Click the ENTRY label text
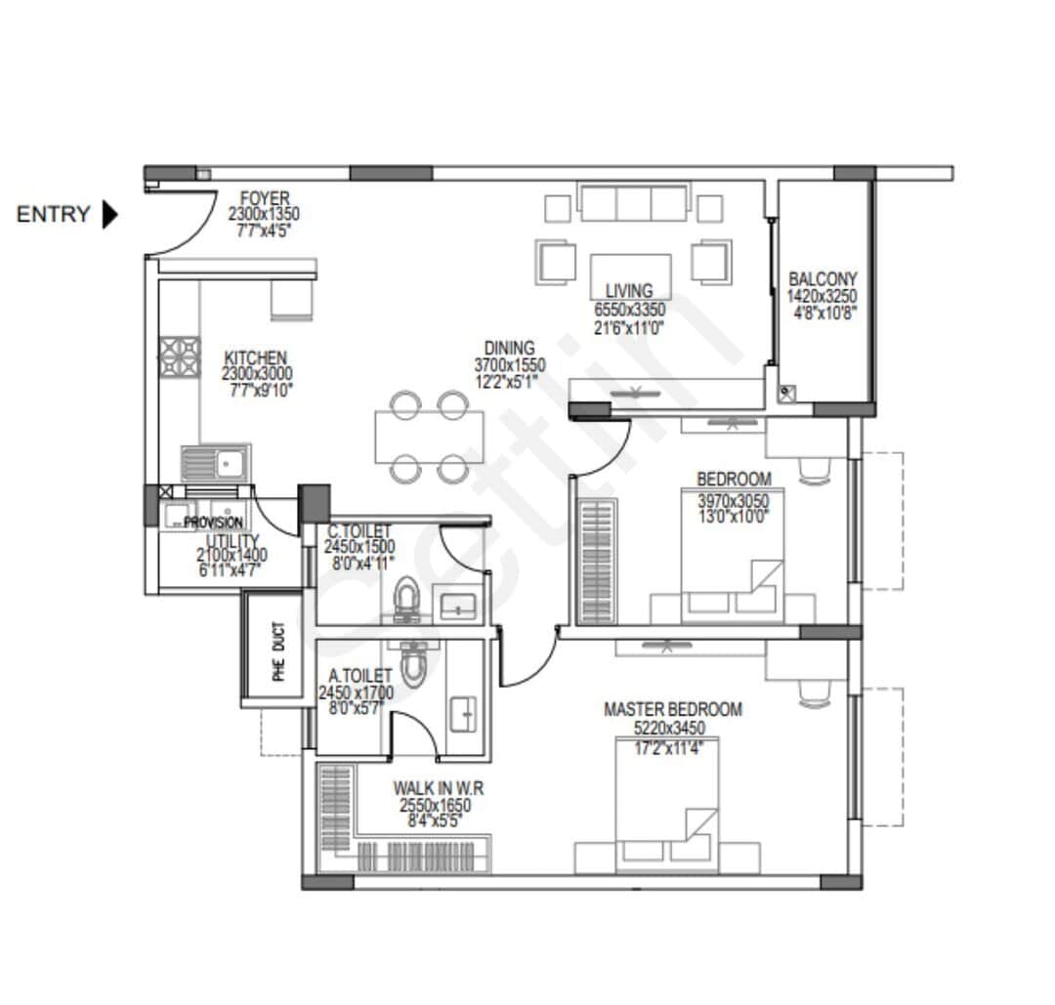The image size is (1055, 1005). [x=53, y=215]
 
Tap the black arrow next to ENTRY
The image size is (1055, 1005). [x=109, y=215]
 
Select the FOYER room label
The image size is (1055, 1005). [x=264, y=199]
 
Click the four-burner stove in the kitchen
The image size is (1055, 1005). [x=180, y=356]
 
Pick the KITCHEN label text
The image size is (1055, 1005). [x=255, y=357]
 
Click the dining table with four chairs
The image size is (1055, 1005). [x=429, y=437]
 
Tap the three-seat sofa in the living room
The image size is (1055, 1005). [x=632, y=203]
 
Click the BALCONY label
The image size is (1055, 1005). [x=823, y=277]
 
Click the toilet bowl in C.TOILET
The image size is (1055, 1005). [x=406, y=598]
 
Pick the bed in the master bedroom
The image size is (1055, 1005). [x=666, y=801]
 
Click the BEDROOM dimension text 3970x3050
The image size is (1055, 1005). [x=733, y=501]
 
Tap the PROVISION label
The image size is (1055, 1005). [x=213, y=523]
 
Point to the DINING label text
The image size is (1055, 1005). [x=509, y=348]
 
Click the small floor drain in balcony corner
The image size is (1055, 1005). [x=787, y=394]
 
